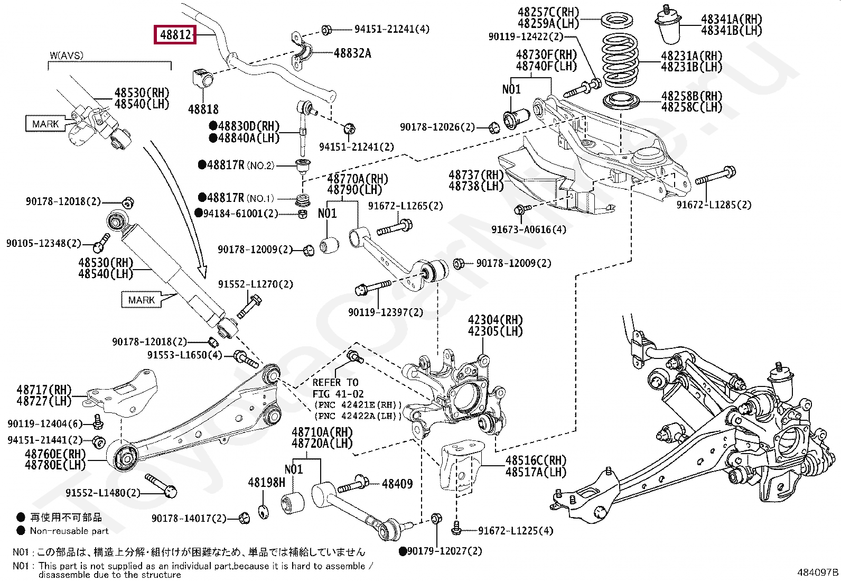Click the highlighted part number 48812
(x=175, y=35)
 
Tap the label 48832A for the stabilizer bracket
(x=352, y=53)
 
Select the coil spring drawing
(x=620, y=60)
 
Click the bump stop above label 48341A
(x=668, y=25)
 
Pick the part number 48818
(x=203, y=109)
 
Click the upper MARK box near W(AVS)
(x=45, y=124)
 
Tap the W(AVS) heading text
(x=67, y=56)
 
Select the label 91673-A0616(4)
(x=528, y=229)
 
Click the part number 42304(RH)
(x=495, y=320)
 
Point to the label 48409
(x=397, y=483)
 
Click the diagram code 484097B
(x=817, y=572)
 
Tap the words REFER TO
(x=335, y=382)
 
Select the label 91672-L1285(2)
(x=713, y=205)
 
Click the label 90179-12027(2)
(x=444, y=551)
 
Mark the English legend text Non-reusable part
(x=69, y=531)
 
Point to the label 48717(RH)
(x=44, y=390)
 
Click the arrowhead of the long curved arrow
(x=203, y=272)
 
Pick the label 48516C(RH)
(x=535, y=460)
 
